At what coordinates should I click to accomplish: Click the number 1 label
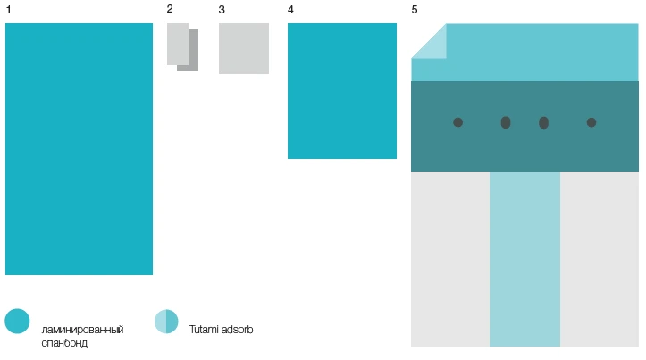[8, 10]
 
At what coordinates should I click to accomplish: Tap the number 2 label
[170, 9]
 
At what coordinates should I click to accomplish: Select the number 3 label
[222, 10]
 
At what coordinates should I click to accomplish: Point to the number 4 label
[290, 10]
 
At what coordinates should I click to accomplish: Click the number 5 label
[415, 10]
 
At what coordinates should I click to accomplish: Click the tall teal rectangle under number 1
[80, 149]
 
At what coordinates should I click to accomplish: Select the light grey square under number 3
[244, 48]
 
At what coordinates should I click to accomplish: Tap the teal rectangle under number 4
[342, 91]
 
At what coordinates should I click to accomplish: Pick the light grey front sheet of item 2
[178, 44]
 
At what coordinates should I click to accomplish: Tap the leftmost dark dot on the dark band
[457, 122]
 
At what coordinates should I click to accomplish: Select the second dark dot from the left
[506, 122]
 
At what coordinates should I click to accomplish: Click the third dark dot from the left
[543, 122]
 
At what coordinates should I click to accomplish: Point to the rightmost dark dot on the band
[591, 122]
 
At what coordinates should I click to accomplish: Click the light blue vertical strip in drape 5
[524, 259]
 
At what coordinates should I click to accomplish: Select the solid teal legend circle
[17, 321]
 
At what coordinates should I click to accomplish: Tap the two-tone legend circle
[166, 322]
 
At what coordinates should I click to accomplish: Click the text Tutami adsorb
[222, 330]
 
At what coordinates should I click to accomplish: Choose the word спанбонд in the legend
[64, 343]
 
